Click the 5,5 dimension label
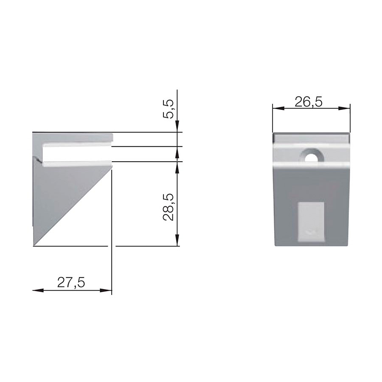tap(169, 109)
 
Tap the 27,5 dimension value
tap(71, 282)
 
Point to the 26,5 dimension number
tap(309, 101)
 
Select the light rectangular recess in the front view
tap(312, 221)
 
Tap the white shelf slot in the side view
tap(76, 154)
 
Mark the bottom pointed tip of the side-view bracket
tap(34, 244)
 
